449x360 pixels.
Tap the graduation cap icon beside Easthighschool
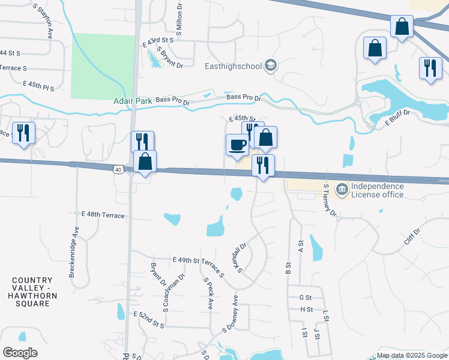click(271, 65)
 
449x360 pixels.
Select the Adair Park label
click(133, 101)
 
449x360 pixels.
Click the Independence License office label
click(378, 190)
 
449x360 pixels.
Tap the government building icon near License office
click(342, 190)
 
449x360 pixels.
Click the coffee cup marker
click(237, 145)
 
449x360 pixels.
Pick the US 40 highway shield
click(118, 170)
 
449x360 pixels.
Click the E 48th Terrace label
click(103, 214)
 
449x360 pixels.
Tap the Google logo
click(20, 353)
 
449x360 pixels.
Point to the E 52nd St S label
click(148, 319)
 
